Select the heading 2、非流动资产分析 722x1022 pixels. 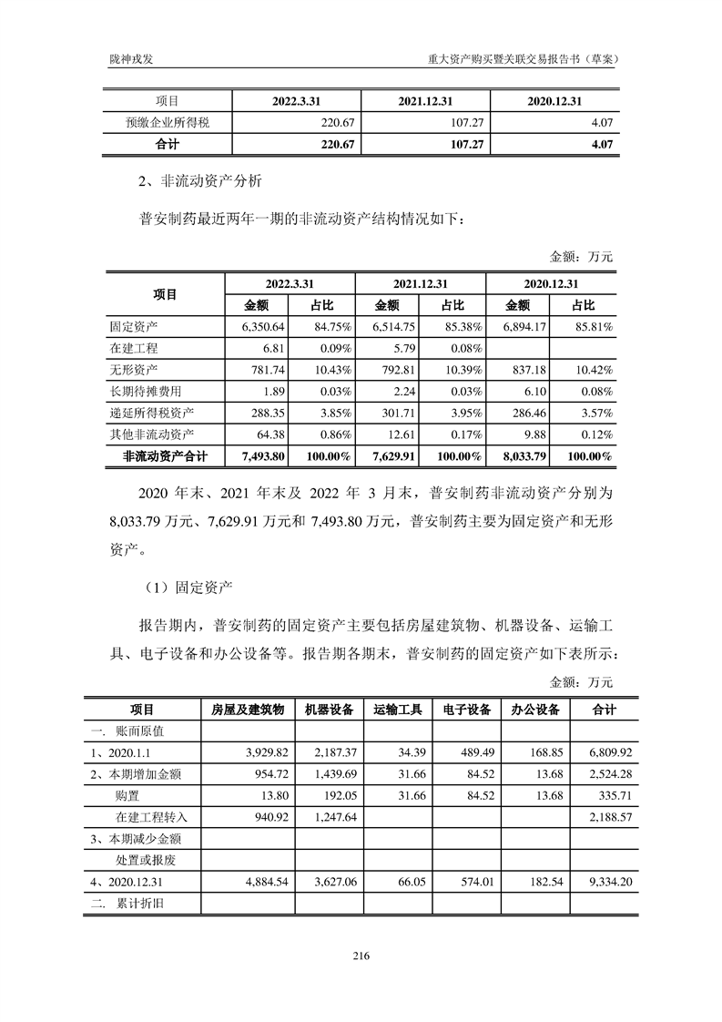tap(197, 181)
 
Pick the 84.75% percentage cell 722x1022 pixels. tap(328, 326)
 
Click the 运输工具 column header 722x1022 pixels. tap(398, 710)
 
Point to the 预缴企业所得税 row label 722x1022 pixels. tap(168, 122)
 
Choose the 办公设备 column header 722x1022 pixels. tap(534, 710)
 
